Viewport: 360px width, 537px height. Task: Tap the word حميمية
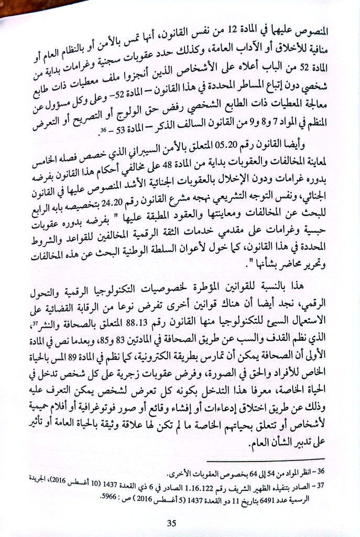pyautogui.click(x=55, y=405)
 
